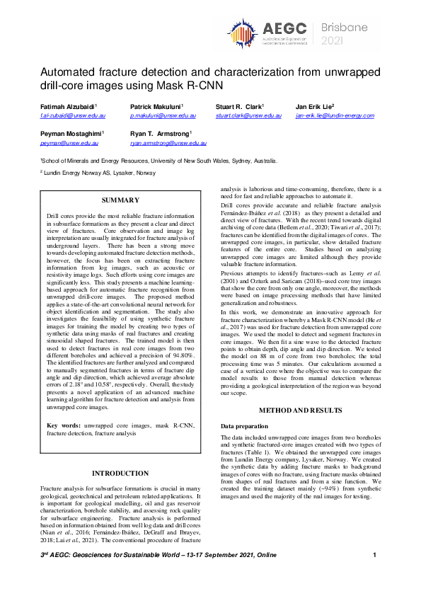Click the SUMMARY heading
pos(120,200)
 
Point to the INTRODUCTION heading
pos(120,473)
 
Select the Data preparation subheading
pos(245,426)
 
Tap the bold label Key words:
pos(63,425)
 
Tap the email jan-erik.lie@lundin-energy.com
pos(335,114)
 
